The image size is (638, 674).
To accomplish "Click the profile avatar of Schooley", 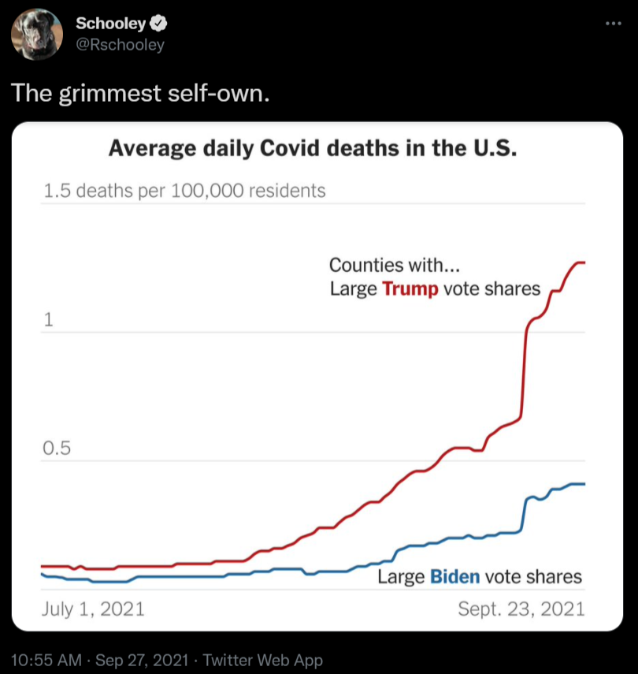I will tap(37, 35).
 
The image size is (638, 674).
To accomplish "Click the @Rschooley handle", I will tap(120, 45).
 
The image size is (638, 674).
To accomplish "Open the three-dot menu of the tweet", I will tap(613, 23).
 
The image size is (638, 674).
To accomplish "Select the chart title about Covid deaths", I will tap(313, 148).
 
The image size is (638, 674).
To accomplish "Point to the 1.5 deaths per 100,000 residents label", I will tap(183, 190).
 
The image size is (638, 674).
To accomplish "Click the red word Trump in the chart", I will tap(410, 289).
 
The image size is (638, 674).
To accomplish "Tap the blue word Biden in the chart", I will tap(455, 576).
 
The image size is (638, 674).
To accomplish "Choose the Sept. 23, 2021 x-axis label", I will tap(521, 609).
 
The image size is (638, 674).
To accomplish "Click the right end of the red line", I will tap(584, 263).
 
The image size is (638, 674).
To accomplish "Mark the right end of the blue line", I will tap(584, 484).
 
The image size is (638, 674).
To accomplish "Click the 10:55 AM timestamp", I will tap(47, 660).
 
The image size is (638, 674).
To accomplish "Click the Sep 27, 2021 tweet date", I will tap(143, 660).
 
